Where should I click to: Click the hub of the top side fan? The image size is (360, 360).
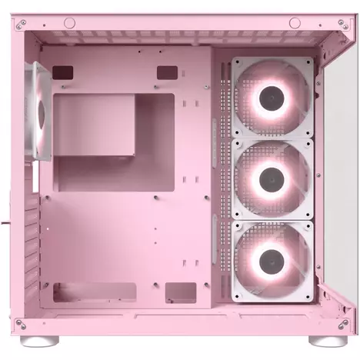[x=272, y=98]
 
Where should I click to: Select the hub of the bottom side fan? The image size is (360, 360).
[x=272, y=259]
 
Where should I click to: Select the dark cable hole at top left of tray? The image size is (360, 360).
[x=63, y=72]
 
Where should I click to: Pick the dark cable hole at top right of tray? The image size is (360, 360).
[x=166, y=72]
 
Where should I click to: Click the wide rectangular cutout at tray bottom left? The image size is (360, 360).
[x=85, y=292]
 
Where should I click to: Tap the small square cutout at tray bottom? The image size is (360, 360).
[x=181, y=292]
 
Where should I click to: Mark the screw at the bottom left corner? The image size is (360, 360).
[x=20, y=323]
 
